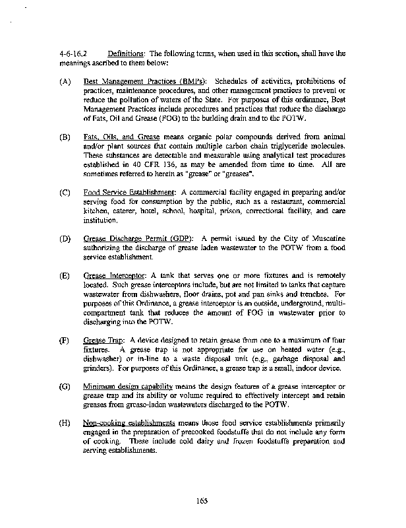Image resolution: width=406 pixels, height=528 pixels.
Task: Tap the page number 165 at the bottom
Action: pos(202,500)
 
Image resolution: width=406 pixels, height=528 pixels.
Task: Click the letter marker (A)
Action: pos(65,81)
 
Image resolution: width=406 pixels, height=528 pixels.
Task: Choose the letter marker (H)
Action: pos(65,422)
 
